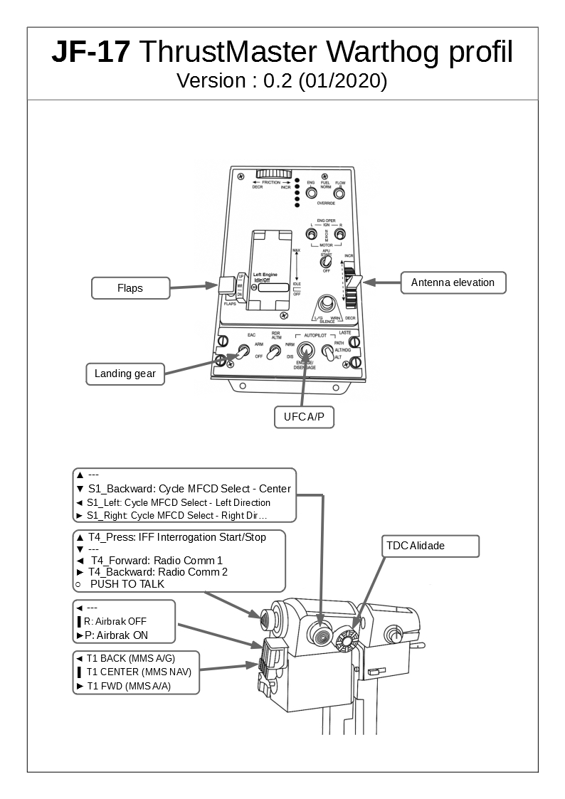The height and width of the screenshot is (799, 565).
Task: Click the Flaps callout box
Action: pos(130,288)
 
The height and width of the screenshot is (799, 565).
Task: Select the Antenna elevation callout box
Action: pos(453,282)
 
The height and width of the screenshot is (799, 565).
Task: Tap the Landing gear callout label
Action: pos(125,374)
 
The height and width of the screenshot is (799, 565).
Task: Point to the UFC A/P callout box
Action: pos(304,417)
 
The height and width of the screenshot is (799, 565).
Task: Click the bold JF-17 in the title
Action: pos(90,53)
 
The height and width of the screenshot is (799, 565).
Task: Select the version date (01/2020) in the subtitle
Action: pos(343,81)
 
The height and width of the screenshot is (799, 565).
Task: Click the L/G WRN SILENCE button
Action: pos(327,304)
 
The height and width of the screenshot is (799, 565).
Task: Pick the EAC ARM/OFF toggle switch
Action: pos(242,351)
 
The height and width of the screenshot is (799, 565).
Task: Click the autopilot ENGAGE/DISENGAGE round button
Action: pos(307,349)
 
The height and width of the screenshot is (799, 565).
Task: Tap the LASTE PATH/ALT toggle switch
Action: pos(327,351)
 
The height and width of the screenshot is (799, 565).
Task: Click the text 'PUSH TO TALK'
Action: pos(127,584)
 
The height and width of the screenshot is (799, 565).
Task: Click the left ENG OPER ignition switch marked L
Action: pos(311,234)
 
